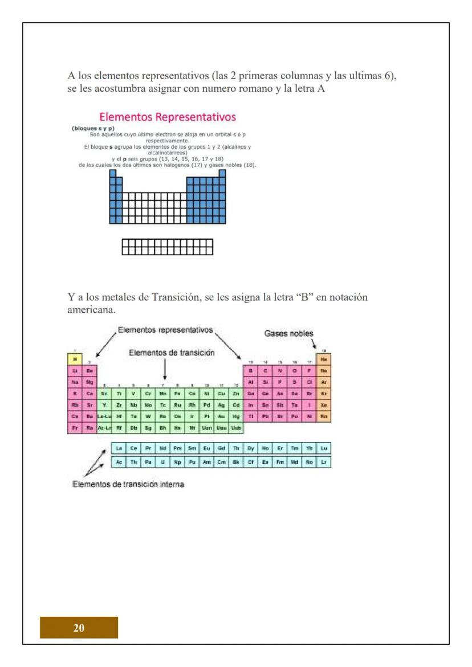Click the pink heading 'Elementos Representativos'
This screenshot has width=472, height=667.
[168, 118]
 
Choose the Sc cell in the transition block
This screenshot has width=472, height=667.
[104, 392]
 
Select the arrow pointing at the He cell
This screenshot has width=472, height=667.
[315, 345]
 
